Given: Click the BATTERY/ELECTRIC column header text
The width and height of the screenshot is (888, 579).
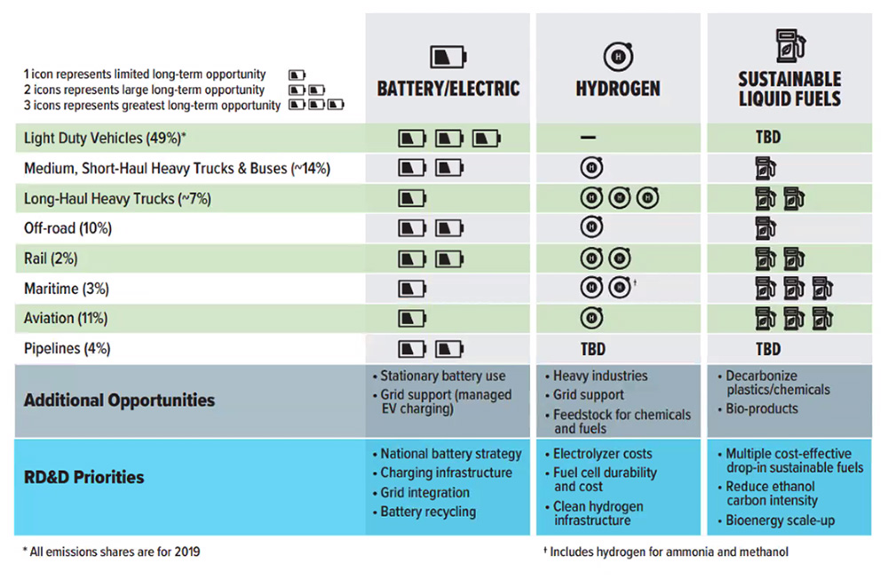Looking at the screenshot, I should [448, 89].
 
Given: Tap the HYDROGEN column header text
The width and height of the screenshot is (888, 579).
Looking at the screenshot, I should [618, 89].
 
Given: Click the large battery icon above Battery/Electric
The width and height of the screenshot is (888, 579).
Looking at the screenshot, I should [448, 57].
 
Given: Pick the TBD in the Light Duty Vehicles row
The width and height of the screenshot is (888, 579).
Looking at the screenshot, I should [768, 139].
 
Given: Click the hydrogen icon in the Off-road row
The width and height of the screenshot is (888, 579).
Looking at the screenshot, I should [591, 229].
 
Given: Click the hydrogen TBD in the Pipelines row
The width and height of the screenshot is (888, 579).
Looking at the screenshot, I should [592, 349].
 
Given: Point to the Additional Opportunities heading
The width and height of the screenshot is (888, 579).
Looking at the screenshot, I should [119, 400].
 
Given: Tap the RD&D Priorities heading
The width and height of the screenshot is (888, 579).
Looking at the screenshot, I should [83, 477].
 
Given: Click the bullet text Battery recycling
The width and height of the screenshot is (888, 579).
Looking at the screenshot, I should [428, 512].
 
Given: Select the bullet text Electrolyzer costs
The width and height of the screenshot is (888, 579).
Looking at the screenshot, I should [602, 454].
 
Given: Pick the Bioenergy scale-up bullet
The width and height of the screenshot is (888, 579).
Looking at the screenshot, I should [779, 520].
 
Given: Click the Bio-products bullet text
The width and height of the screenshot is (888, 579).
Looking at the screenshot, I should [761, 409].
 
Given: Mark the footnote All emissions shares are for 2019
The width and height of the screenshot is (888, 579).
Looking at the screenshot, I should [111, 552].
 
